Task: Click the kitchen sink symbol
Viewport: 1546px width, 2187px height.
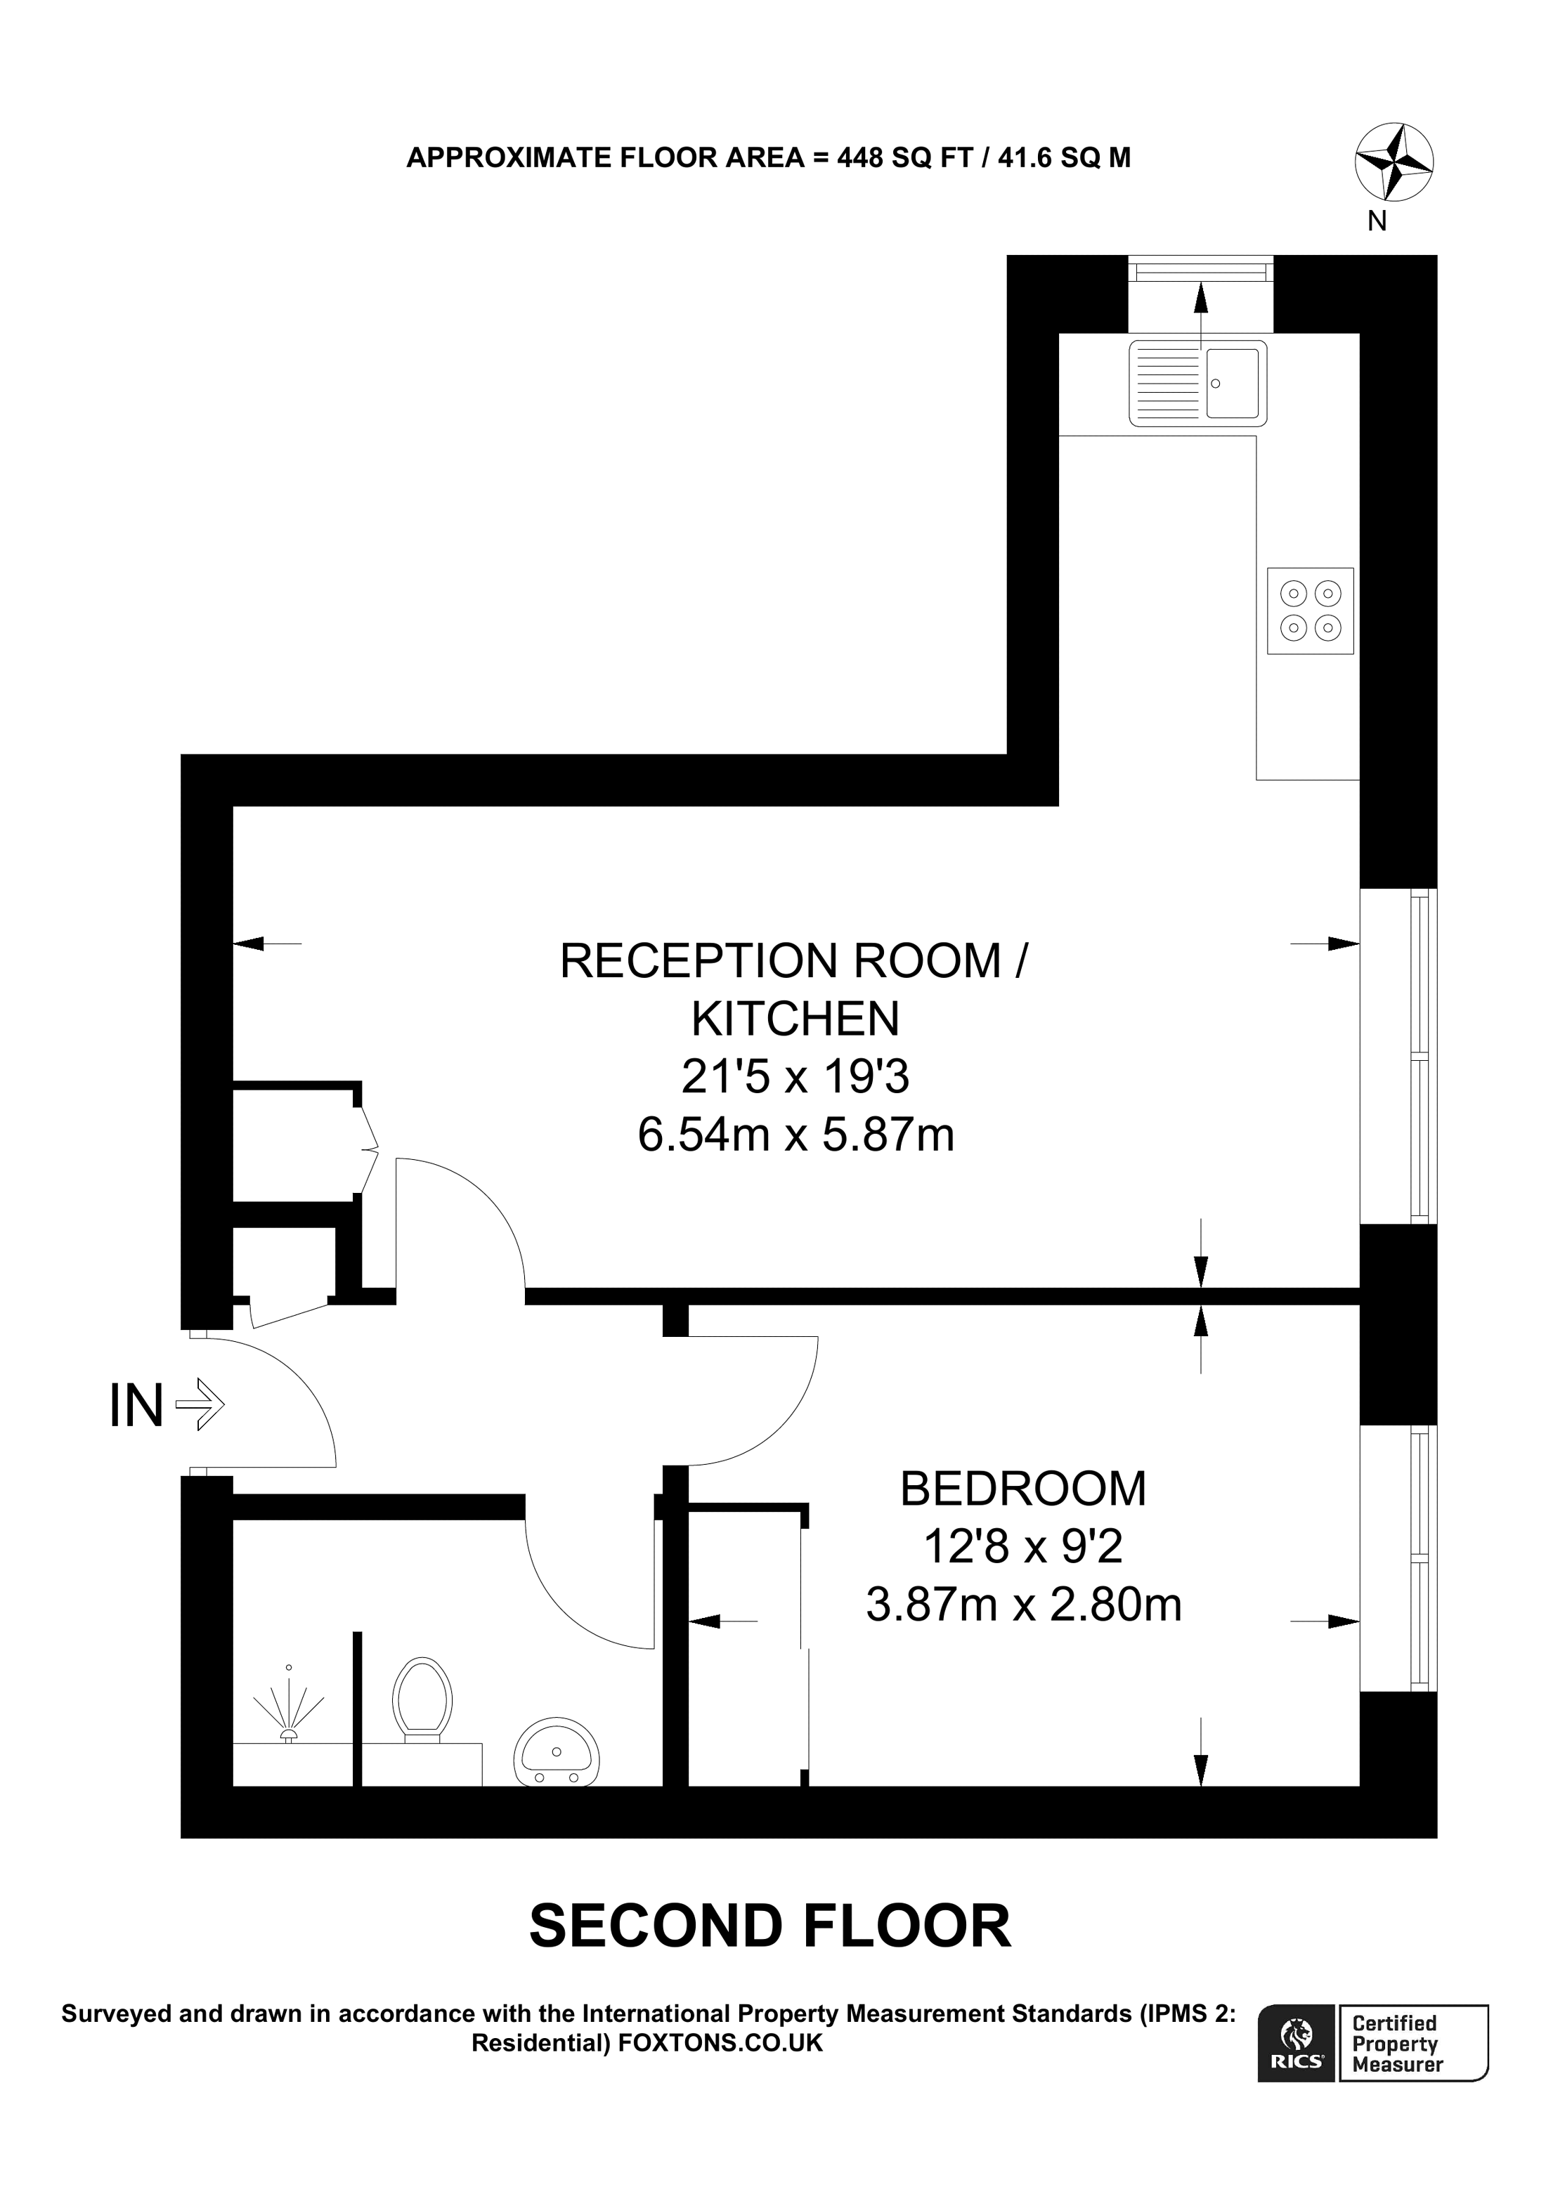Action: click(1197, 383)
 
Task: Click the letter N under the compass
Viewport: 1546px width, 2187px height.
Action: click(1377, 221)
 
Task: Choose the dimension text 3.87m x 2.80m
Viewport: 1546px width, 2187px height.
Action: click(1023, 1605)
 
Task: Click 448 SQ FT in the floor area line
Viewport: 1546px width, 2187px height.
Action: click(904, 158)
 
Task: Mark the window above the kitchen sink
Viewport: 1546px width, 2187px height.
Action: click(1200, 270)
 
